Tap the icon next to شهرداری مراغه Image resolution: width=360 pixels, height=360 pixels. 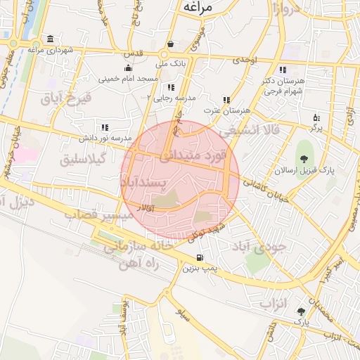pyautogui.click(x=51, y=39)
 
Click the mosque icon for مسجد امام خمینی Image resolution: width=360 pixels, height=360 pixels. pyautogui.click(x=127, y=68)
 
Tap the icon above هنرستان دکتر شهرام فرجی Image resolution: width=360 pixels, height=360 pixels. pyautogui.click(x=282, y=70)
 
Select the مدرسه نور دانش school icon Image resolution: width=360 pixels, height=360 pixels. pyautogui.click(x=104, y=127)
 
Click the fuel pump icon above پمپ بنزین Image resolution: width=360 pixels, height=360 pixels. pyautogui.click(x=202, y=257)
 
